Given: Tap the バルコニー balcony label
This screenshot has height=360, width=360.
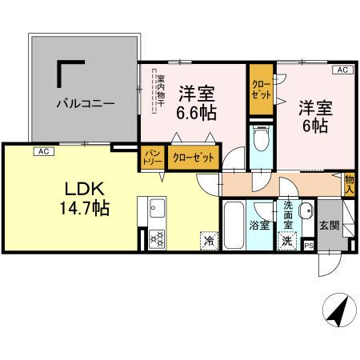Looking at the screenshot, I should pos(86,103).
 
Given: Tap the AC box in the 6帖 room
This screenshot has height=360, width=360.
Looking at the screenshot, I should pos(342,71).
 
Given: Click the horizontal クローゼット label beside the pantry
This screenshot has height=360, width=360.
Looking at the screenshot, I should pos(194,158).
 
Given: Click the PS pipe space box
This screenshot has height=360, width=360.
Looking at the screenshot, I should pos(309,246).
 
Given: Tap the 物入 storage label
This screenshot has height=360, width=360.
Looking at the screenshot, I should pos(349,185).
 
